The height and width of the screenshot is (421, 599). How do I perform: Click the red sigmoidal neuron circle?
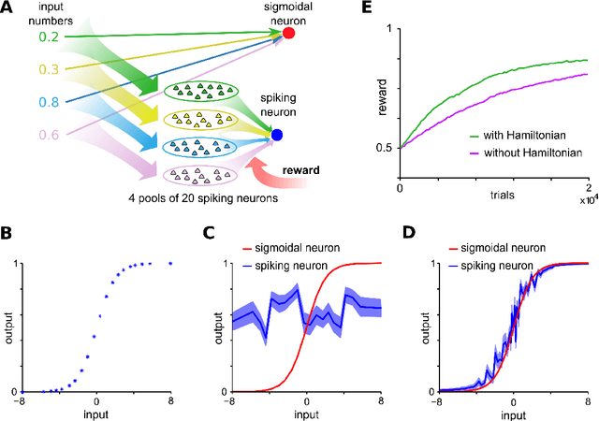coord(289,34)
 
